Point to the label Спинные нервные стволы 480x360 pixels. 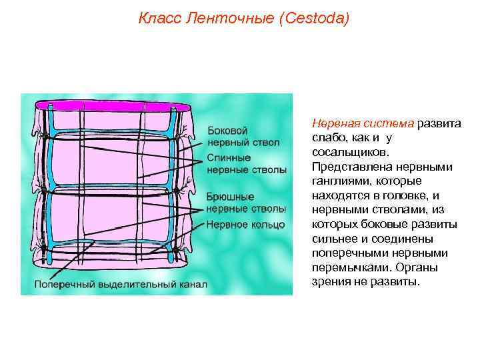pos(247,164)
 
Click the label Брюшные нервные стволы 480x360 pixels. pos(246,203)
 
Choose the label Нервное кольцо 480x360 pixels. pos(245,224)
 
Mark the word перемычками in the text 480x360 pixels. pos(349,267)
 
